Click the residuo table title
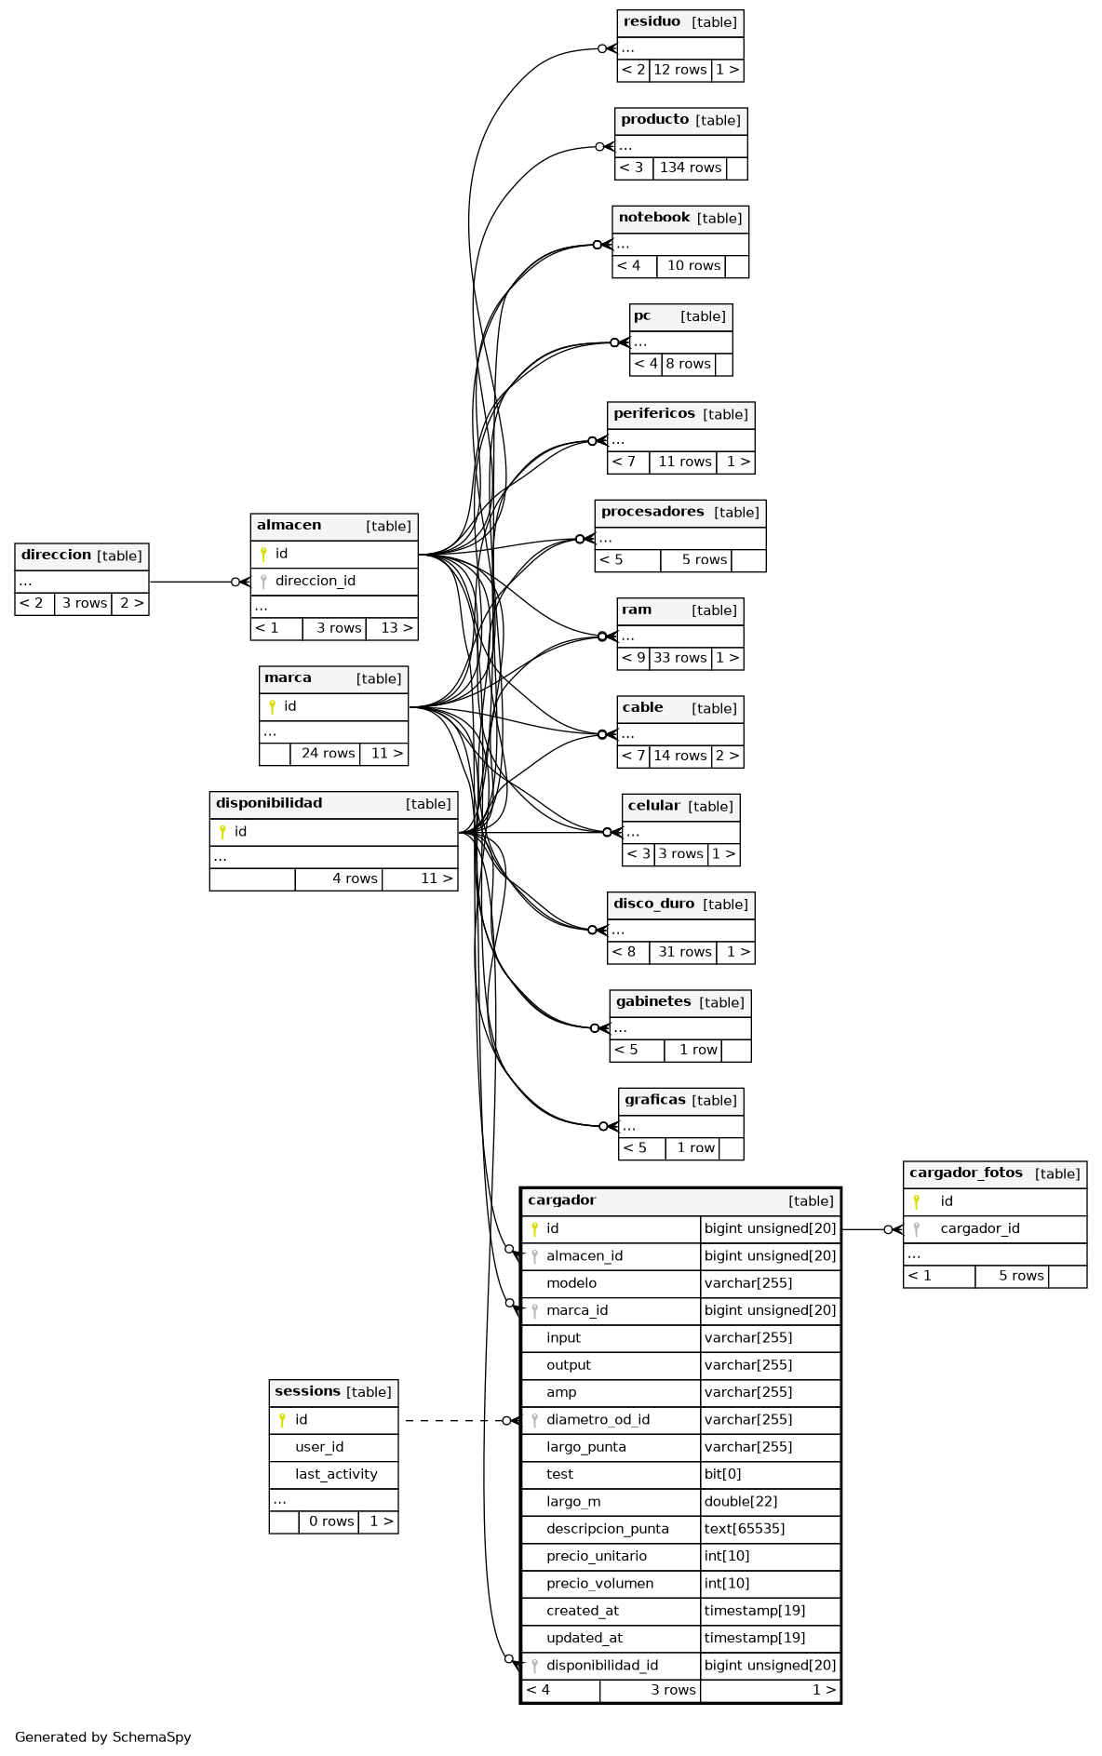[x=652, y=22]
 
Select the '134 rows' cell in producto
[x=690, y=168]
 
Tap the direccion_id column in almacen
[x=315, y=581]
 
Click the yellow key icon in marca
[x=272, y=706]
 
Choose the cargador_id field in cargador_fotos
[x=979, y=1228]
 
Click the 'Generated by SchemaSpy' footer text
[x=102, y=1736]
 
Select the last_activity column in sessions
[x=336, y=1474]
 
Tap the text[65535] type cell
[x=745, y=1528]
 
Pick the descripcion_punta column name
[x=607, y=1528]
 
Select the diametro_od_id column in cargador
[x=598, y=1419]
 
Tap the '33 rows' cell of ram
[x=679, y=658]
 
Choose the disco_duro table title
[x=653, y=904]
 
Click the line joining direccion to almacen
[x=191, y=582]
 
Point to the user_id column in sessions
[x=319, y=1447]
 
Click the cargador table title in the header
[x=561, y=1200]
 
